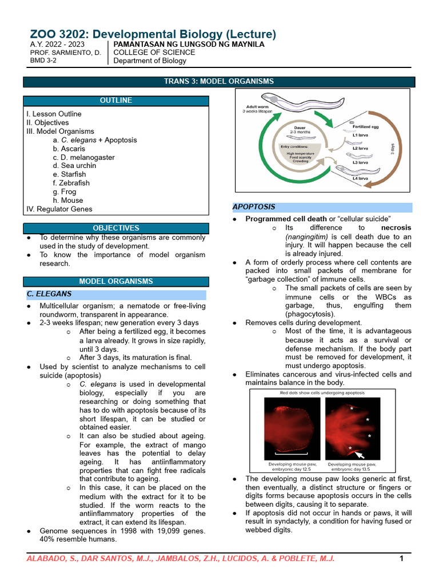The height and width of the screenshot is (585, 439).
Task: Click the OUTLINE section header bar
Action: coord(116,101)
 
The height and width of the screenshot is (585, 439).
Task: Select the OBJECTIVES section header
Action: coord(116,228)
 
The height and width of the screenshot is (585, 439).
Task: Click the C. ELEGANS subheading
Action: coord(49,294)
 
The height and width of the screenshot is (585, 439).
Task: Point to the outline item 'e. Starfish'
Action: coord(69,174)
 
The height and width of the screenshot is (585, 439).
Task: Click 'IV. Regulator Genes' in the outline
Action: coord(59,209)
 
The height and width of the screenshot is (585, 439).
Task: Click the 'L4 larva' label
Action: coord(361,179)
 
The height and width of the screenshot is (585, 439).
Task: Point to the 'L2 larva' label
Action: coord(361,149)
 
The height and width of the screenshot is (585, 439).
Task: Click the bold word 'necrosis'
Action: coord(396,227)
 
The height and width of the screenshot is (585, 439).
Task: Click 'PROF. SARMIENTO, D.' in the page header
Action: coord(65,52)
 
